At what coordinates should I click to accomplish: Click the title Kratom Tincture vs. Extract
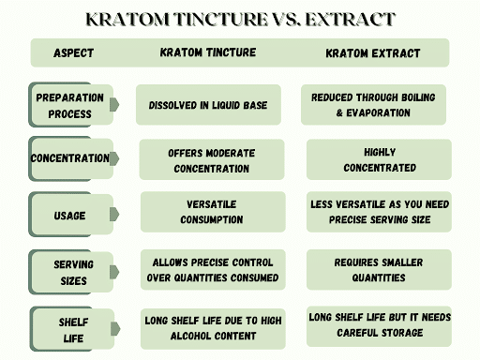point(240,19)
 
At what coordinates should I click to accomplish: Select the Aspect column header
point(74,53)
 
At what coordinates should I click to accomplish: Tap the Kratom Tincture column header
point(208,53)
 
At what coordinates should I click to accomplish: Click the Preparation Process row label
point(69,105)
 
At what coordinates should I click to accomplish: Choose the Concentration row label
point(69,158)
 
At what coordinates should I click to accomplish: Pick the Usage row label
point(69,216)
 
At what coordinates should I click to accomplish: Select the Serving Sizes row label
point(72,272)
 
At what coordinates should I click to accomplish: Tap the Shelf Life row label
point(73,328)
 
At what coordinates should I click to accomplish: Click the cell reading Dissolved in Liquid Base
point(208,105)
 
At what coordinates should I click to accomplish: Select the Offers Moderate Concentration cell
point(211,160)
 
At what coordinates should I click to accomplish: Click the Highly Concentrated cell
point(379,160)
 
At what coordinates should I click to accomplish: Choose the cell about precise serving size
point(379,212)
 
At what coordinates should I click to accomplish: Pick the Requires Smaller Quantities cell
point(379,270)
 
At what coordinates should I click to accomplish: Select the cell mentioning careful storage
point(379,324)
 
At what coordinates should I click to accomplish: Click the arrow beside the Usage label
point(114,215)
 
